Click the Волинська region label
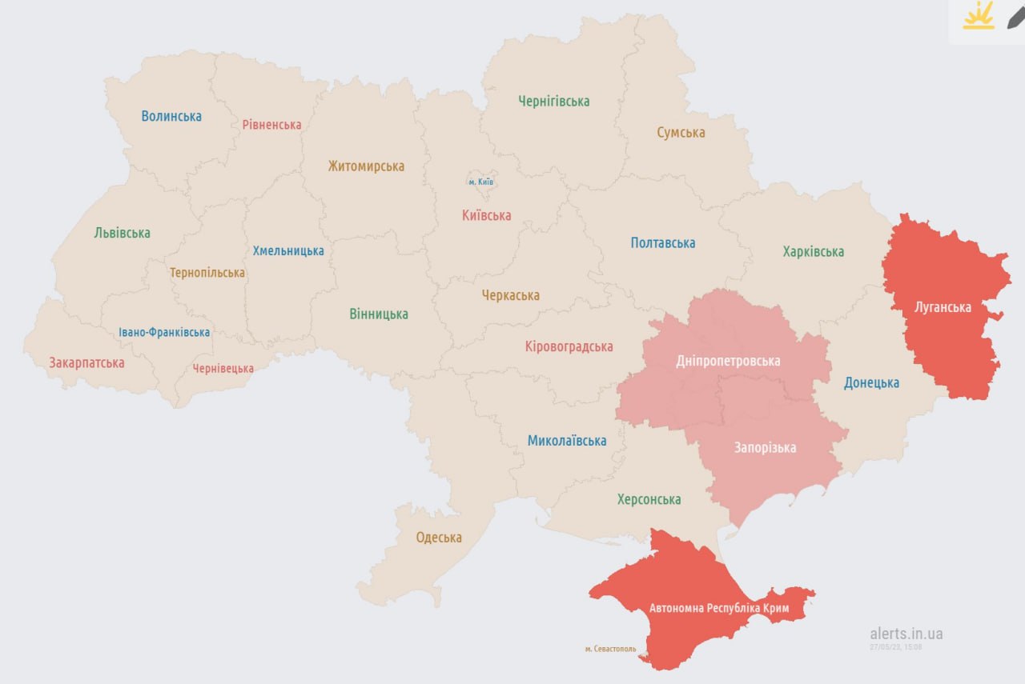tap(171, 116)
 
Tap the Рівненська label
tap(271, 125)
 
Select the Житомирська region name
tap(366, 166)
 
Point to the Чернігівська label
tap(553, 101)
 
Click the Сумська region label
tap(681, 132)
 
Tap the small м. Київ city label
tap(480, 182)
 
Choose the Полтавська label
tap(662, 242)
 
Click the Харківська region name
tap(813, 251)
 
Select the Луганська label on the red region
tap(943, 307)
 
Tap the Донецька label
tap(871, 382)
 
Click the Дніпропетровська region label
tap(727, 361)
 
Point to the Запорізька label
tap(765, 447)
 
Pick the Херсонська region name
tap(649, 499)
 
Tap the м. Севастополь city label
tap(610, 649)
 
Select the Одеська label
tap(438, 538)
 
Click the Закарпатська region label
tap(86, 362)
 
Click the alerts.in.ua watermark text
tap(906, 634)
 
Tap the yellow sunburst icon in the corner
tap(978, 15)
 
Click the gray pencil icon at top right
tap(1014, 15)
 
